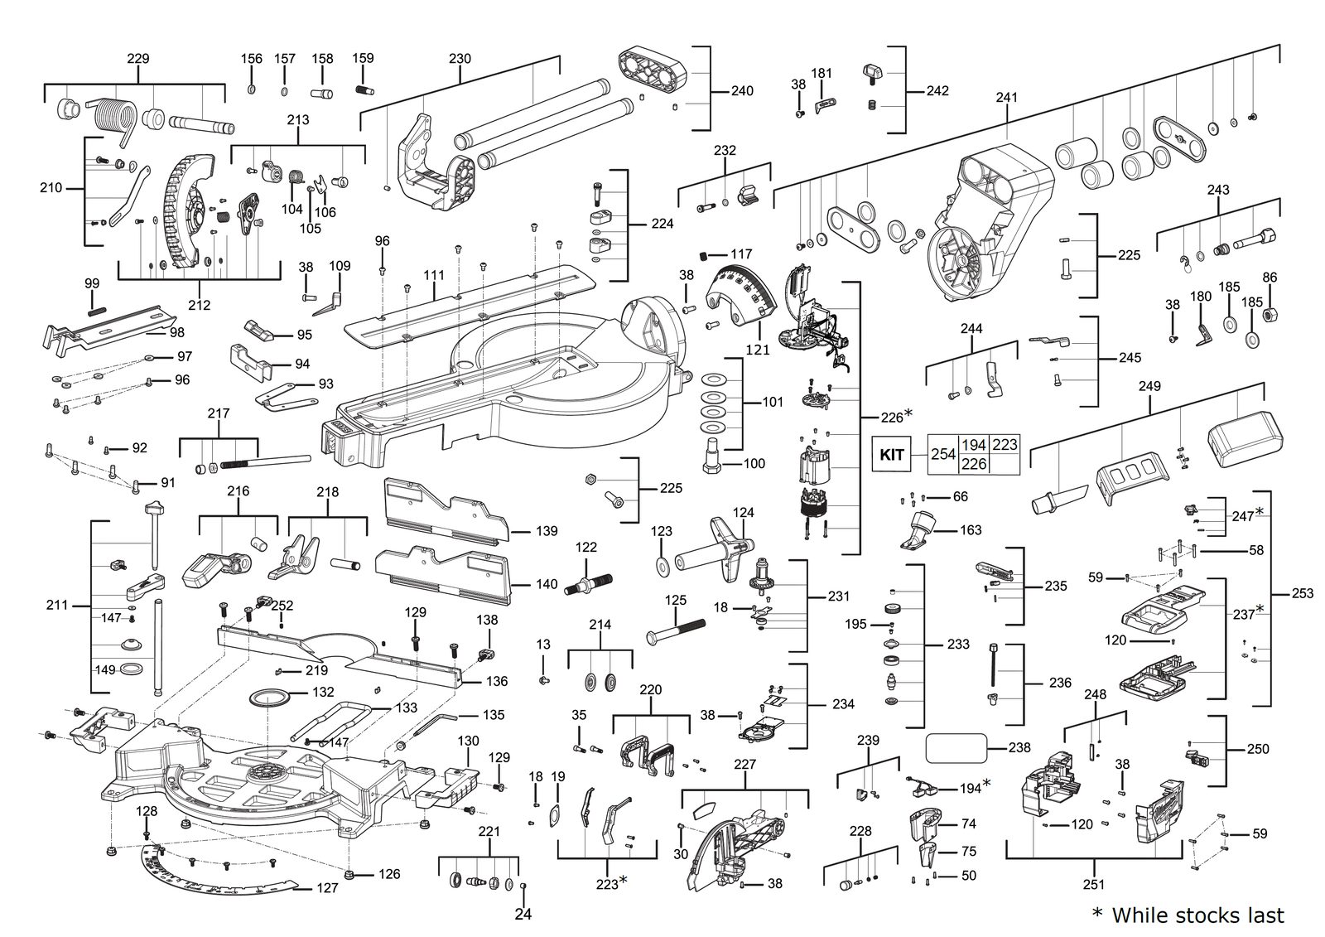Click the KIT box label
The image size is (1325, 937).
891,454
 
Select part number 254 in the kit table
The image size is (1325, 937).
943,454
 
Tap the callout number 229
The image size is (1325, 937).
137,59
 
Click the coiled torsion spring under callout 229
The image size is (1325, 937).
113,119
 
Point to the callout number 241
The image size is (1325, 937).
1006,97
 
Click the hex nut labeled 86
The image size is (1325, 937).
1268,314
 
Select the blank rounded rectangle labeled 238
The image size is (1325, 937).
956,748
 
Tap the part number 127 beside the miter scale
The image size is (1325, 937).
327,888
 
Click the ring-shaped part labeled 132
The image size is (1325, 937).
270,697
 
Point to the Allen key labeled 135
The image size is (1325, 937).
436,724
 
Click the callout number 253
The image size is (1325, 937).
1302,593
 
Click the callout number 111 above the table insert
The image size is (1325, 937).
434,275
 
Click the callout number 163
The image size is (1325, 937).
971,529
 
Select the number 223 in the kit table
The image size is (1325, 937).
1005,444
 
